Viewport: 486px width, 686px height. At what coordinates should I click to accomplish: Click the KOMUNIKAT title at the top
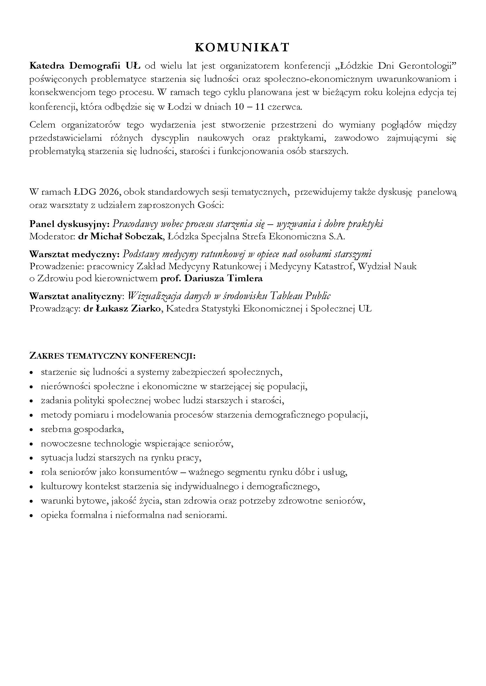[x=242, y=48]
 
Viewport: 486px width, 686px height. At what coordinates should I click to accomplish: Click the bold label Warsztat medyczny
[x=75, y=254]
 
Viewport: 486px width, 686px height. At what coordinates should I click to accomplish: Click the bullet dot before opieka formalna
[x=31, y=516]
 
